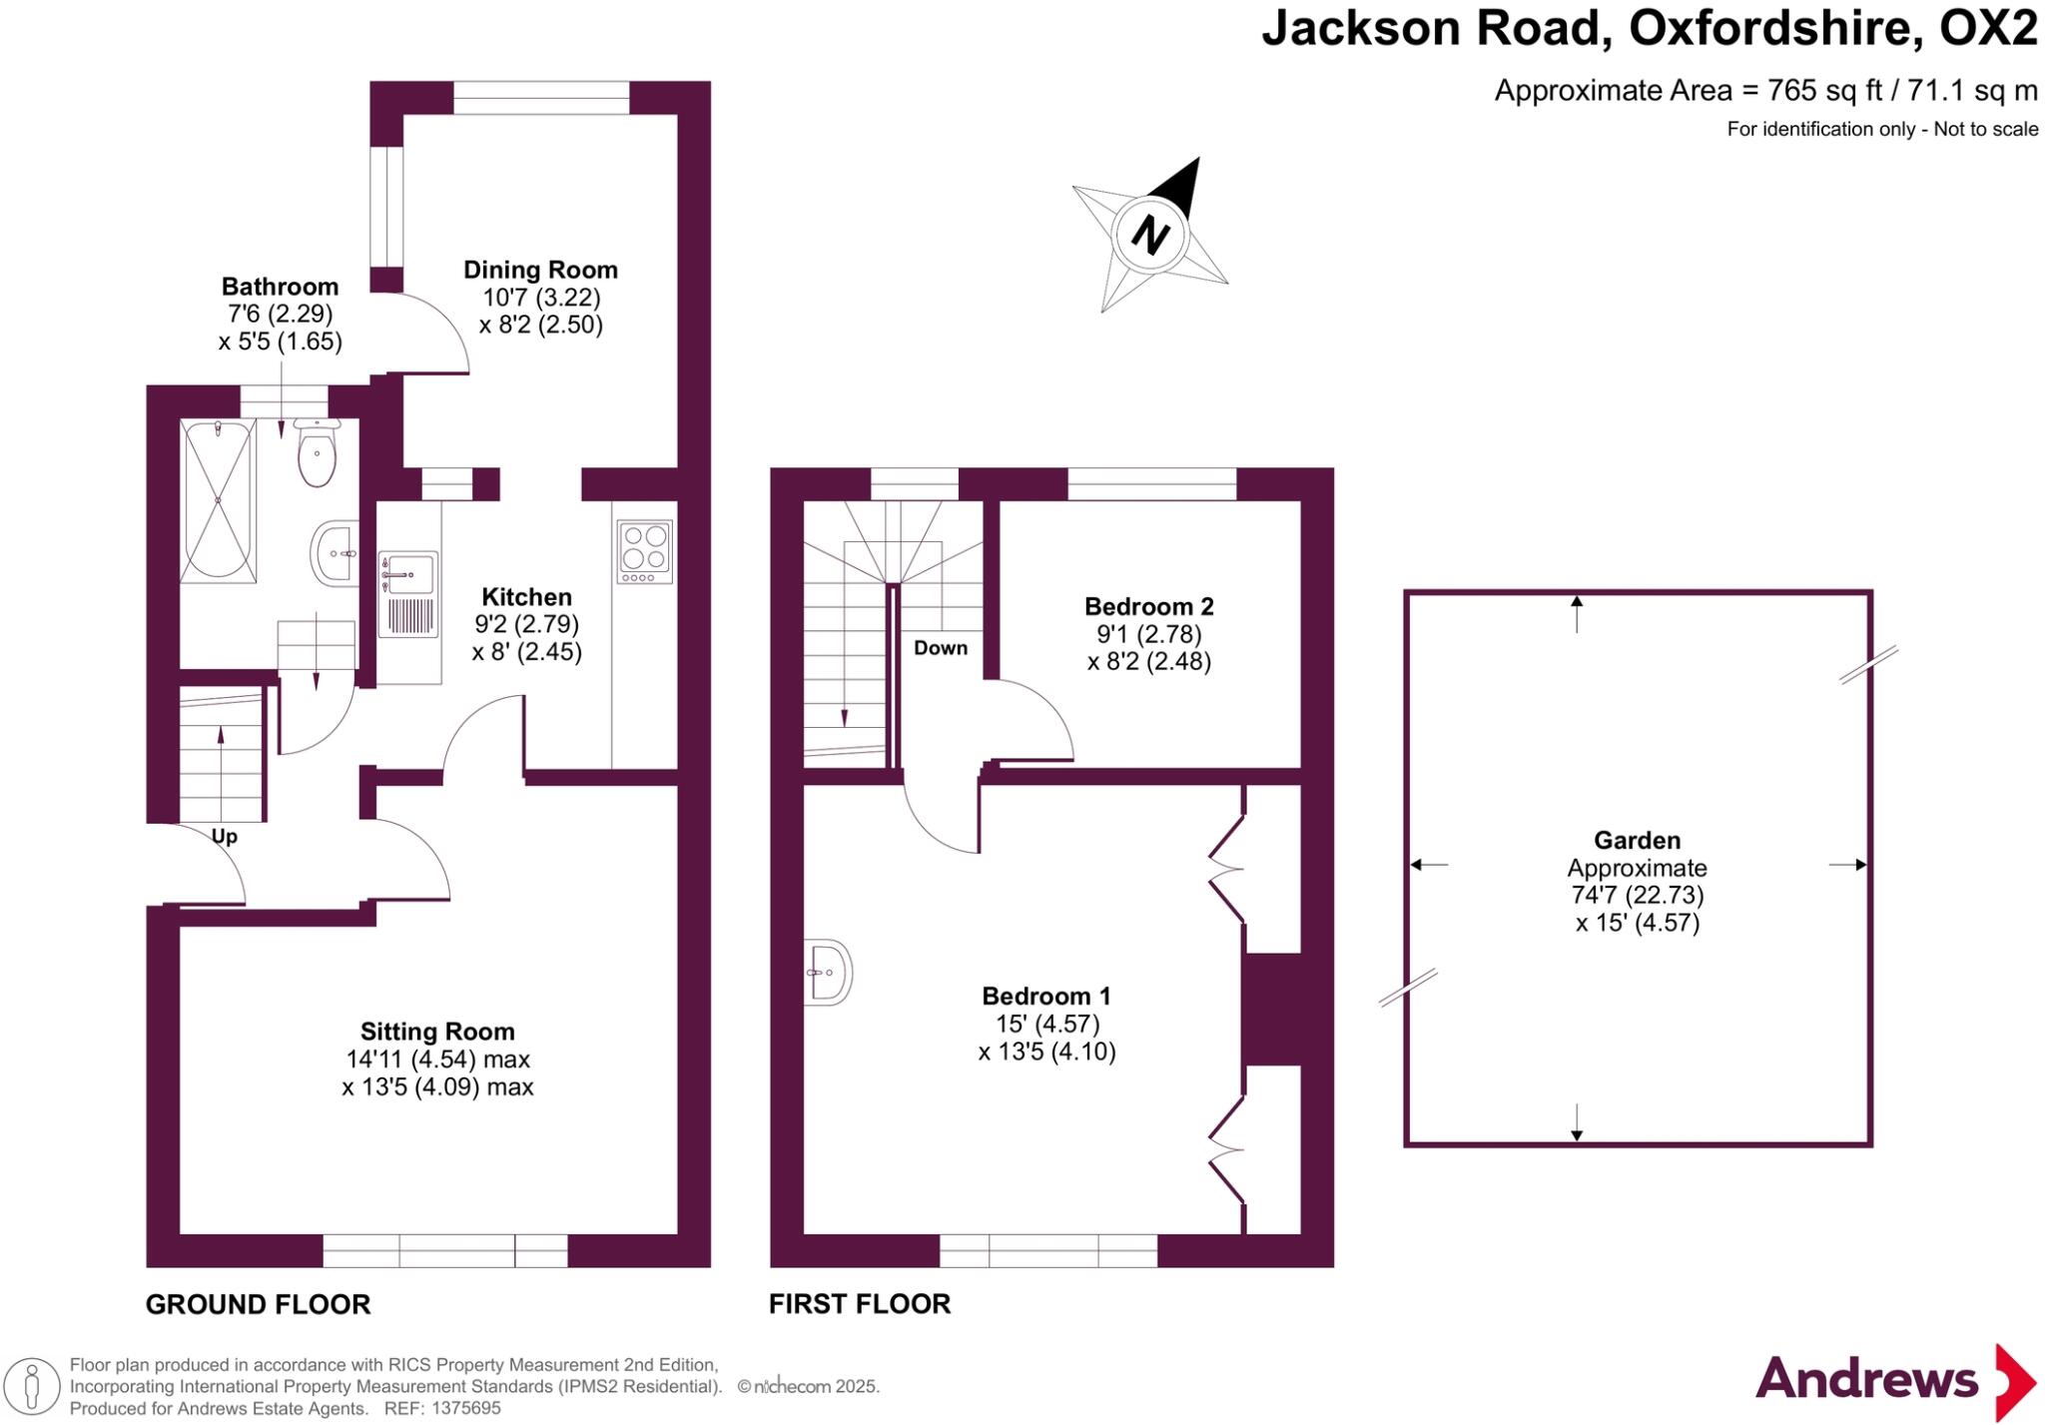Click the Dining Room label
point(540,270)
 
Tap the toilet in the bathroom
point(317,455)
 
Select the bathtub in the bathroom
point(218,500)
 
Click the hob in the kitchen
point(644,551)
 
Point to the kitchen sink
point(408,574)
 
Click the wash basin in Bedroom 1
point(829,970)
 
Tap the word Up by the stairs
point(225,837)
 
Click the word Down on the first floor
point(941,648)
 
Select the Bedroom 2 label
point(1148,606)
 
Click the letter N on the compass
point(1150,236)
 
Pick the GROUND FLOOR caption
point(258,1304)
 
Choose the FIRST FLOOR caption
point(860,1304)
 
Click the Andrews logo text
point(1866,1380)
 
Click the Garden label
point(1637,841)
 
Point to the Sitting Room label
point(437,1032)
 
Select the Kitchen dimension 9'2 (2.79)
point(526,624)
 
